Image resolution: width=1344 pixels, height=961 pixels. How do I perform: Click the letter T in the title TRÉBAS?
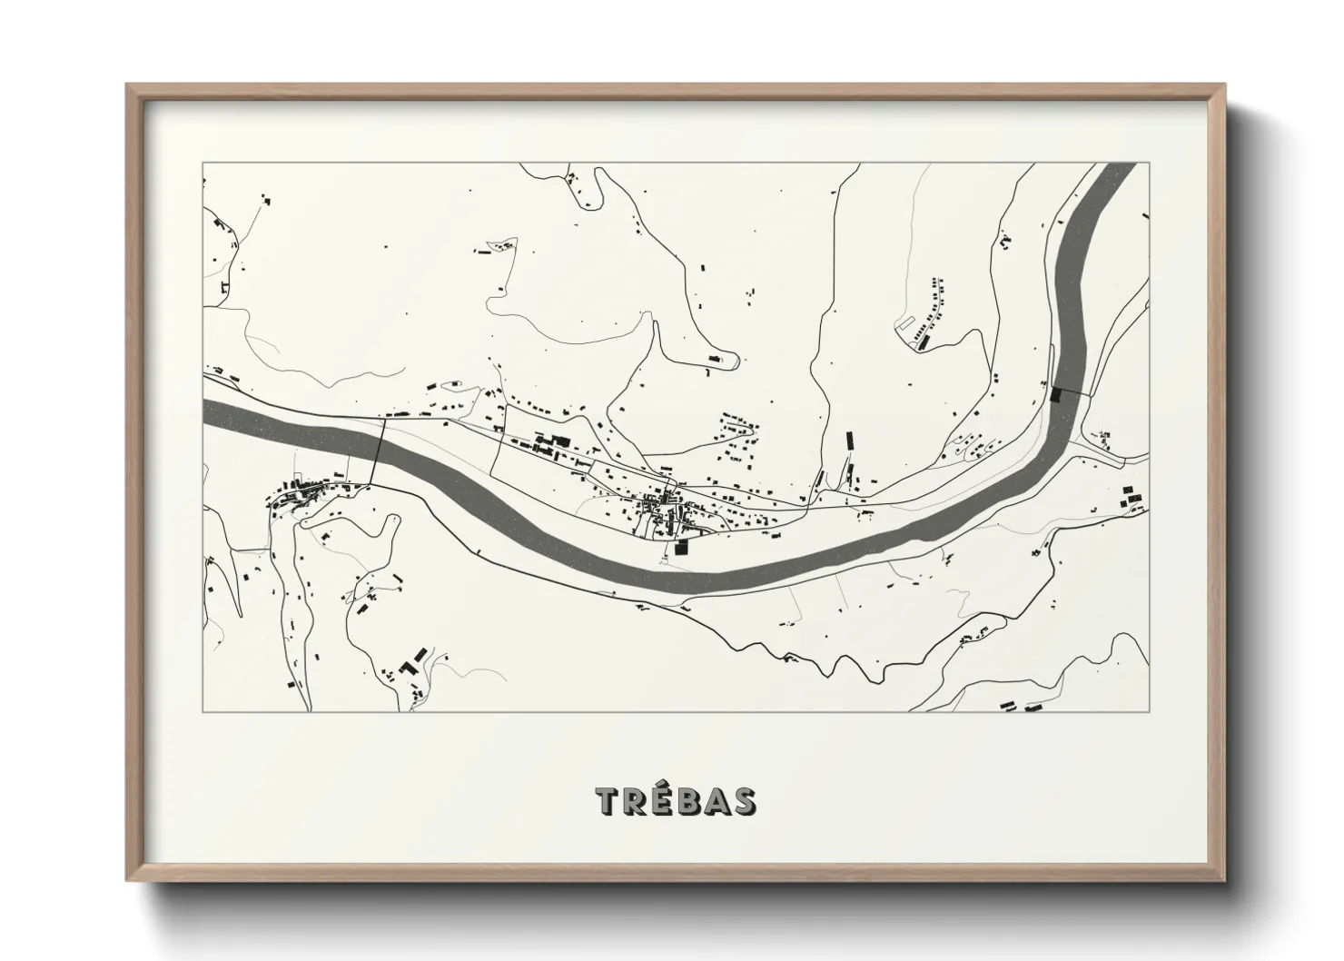[608, 801]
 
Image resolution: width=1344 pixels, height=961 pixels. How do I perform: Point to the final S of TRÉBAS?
[743, 801]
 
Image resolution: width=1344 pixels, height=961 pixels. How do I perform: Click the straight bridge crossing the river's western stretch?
[380, 451]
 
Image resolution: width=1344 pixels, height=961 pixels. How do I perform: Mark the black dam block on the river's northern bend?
[1055, 394]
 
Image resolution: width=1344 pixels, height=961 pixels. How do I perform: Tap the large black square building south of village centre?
[682, 547]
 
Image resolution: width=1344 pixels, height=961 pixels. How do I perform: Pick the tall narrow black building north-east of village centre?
[850, 441]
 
